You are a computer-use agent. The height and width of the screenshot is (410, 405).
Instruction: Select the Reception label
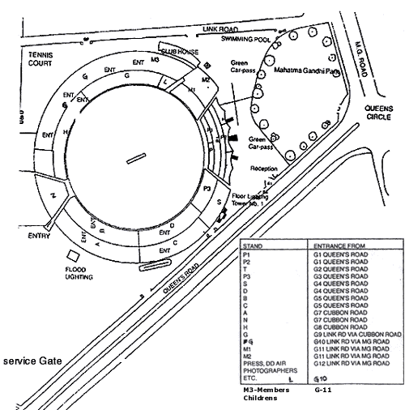point(264,169)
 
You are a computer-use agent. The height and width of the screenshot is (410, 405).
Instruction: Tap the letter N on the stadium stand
point(53,197)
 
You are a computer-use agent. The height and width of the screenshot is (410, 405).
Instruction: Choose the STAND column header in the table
point(255,243)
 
